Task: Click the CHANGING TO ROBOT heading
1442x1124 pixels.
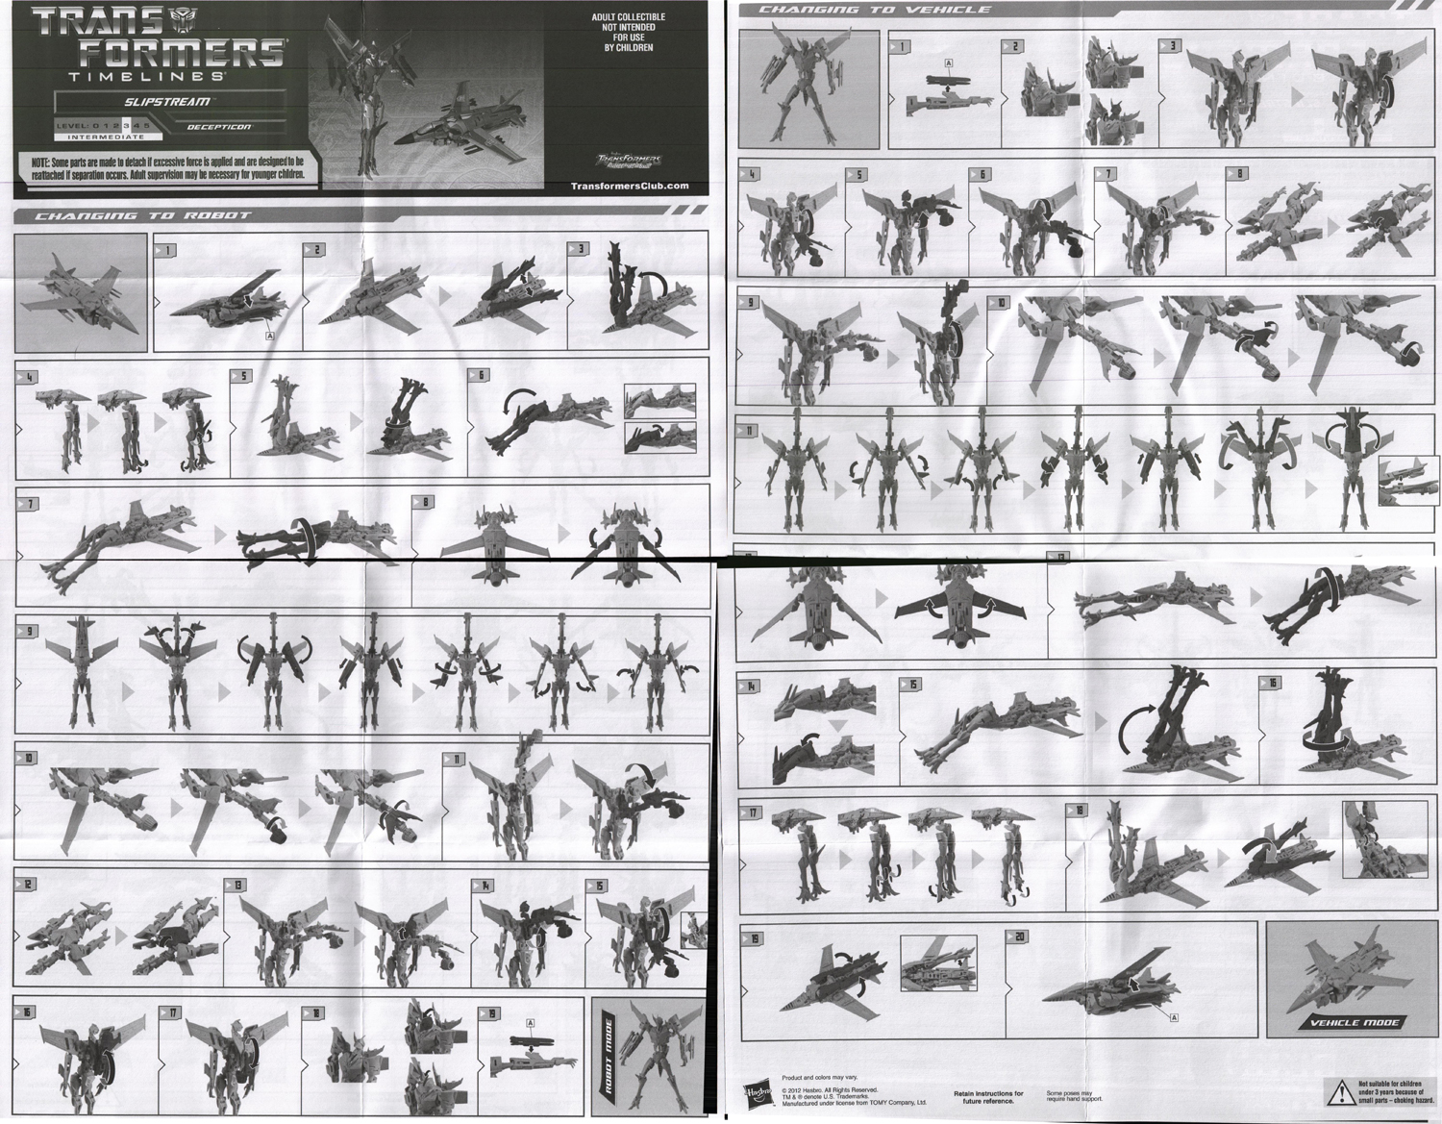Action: coord(142,215)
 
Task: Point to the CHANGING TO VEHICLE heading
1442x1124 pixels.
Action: coord(874,10)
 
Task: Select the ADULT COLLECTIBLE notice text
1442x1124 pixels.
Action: coord(628,32)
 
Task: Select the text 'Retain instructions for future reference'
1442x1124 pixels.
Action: coord(988,1097)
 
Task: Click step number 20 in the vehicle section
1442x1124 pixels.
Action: coord(1021,937)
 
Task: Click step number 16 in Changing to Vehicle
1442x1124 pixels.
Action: coord(1273,684)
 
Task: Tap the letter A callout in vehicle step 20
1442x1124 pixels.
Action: coord(1174,1016)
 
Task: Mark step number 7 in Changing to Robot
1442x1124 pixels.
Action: coord(31,503)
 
